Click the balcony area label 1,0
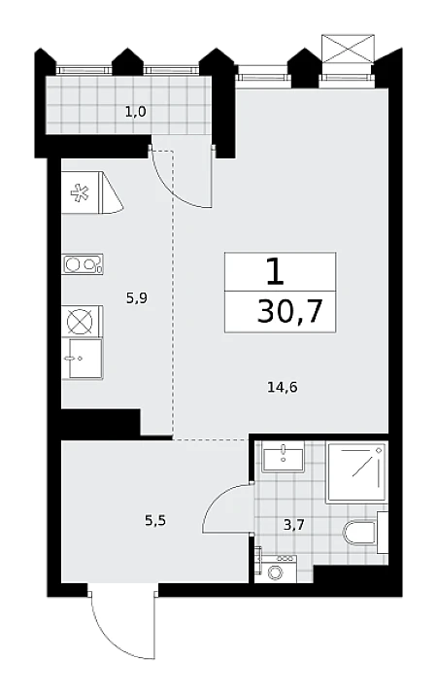point(135,112)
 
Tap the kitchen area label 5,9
point(137,298)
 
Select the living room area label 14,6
point(283,388)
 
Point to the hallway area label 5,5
point(155,521)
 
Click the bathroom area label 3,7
point(294,525)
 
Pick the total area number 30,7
point(290,311)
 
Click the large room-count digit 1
point(275,272)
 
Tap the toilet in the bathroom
point(360,533)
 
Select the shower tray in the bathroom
point(356,472)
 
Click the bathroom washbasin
point(283,457)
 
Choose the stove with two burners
point(83,264)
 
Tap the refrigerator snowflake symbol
point(80,193)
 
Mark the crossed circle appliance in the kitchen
point(80,322)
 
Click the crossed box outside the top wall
point(348,48)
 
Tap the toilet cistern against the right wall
point(383,533)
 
